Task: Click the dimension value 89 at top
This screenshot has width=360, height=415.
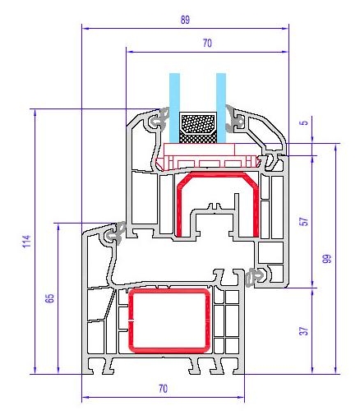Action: click(x=185, y=20)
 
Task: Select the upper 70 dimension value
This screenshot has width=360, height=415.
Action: click(x=207, y=43)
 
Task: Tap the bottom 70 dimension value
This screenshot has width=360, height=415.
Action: click(x=163, y=389)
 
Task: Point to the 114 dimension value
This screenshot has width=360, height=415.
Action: click(x=27, y=241)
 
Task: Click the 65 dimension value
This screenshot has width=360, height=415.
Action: click(x=49, y=298)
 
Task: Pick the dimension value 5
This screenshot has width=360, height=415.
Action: click(x=304, y=122)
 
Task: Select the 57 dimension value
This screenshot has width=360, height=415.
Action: click(x=304, y=221)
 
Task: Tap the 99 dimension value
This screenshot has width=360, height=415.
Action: click(x=326, y=259)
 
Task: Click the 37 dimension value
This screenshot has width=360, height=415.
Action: click(x=304, y=331)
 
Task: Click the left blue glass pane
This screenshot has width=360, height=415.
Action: click(x=174, y=108)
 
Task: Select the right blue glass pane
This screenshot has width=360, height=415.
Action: click(x=221, y=108)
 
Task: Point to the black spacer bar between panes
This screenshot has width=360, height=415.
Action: click(x=198, y=127)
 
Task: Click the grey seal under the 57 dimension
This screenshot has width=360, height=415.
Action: click(x=254, y=277)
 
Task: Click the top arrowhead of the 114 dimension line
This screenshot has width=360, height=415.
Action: click(x=35, y=112)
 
